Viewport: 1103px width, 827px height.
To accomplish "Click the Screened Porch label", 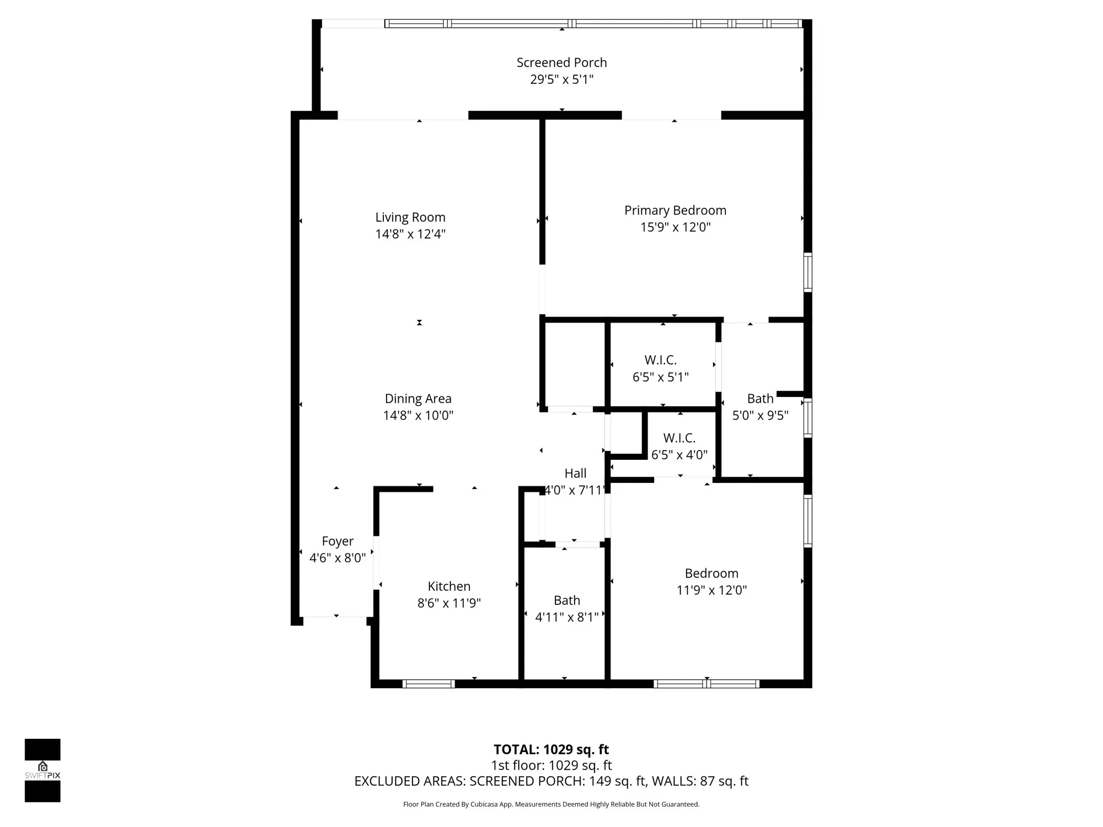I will pyautogui.click(x=561, y=62).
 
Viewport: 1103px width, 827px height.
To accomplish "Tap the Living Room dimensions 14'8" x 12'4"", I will pyautogui.click(x=410, y=234).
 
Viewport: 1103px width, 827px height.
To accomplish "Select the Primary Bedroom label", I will pyautogui.click(x=675, y=210).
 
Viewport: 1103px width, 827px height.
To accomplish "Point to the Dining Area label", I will pyautogui.click(x=418, y=399).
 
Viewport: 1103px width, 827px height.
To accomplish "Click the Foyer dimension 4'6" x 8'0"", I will pyautogui.click(x=338, y=558).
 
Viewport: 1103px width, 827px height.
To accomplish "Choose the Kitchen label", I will pyautogui.click(x=449, y=586).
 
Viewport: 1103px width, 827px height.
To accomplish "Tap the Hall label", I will pyautogui.click(x=575, y=473).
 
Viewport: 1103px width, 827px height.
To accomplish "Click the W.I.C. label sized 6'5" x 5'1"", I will pyautogui.click(x=660, y=360).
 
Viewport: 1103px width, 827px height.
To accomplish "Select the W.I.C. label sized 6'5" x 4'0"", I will pyautogui.click(x=679, y=438).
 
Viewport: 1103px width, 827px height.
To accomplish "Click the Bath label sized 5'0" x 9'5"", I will pyautogui.click(x=760, y=399).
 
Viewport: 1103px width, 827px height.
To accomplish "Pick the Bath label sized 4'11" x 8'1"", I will pyautogui.click(x=567, y=600).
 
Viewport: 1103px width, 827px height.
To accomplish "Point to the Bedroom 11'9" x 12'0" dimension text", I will pyautogui.click(x=711, y=590).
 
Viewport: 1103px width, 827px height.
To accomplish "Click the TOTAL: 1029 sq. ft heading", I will pyautogui.click(x=551, y=749).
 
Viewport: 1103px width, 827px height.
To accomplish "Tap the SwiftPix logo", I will pyautogui.click(x=42, y=770).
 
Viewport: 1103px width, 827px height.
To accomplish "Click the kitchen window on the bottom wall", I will pyautogui.click(x=429, y=684).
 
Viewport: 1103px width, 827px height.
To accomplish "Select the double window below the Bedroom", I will pyautogui.click(x=706, y=684).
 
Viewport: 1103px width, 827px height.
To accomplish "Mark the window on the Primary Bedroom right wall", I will pyautogui.click(x=807, y=272).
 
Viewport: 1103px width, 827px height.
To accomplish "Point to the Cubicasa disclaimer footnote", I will pyautogui.click(x=551, y=804).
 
